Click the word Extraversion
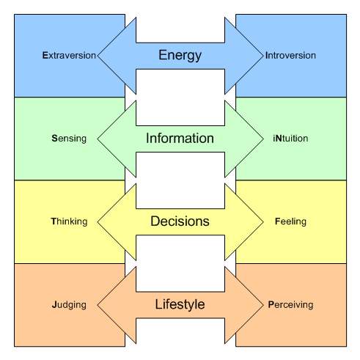click(69, 55)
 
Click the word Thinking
click(70, 221)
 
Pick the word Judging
click(70, 304)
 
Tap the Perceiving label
click(291, 304)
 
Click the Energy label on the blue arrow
click(180, 54)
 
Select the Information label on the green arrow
click(180, 138)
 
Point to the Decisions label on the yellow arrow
click(180, 221)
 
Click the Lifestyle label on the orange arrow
click(180, 304)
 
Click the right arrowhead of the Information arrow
click(249, 138)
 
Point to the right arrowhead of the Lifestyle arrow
click(249, 304)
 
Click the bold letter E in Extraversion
click(45, 55)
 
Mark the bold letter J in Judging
click(54, 304)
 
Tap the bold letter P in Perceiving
click(271, 304)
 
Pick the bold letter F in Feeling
click(275, 221)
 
